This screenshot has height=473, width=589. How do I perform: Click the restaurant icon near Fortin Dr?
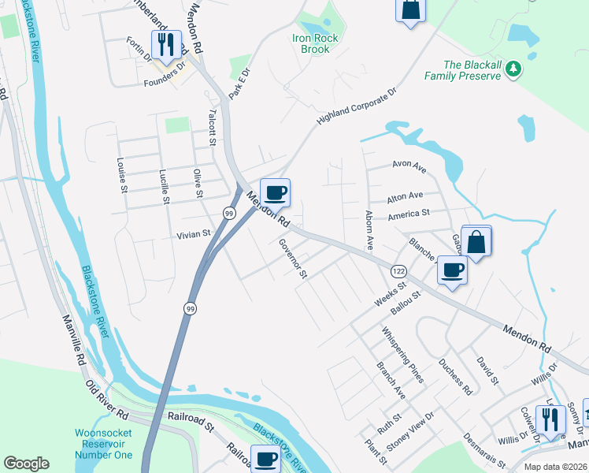tap(165, 44)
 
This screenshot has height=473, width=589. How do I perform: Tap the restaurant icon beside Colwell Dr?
tap(550, 419)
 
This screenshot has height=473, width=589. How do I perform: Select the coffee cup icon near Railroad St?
tap(265, 459)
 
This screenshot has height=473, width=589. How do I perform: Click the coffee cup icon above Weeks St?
tap(452, 270)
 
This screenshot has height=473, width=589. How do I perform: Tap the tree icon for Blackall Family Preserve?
tap(513, 69)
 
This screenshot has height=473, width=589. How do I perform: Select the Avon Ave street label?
tap(409, 167)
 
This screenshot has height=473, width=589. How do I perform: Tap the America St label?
tap(408, 213)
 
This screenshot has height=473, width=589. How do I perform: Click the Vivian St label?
tap(194, 233)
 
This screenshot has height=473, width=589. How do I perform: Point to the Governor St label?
tap(291, 259)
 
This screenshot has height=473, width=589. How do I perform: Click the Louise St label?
tap(123, 178)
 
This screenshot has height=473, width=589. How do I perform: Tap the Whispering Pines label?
tap(402, 355)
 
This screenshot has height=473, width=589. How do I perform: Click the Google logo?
tap(27, 464)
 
